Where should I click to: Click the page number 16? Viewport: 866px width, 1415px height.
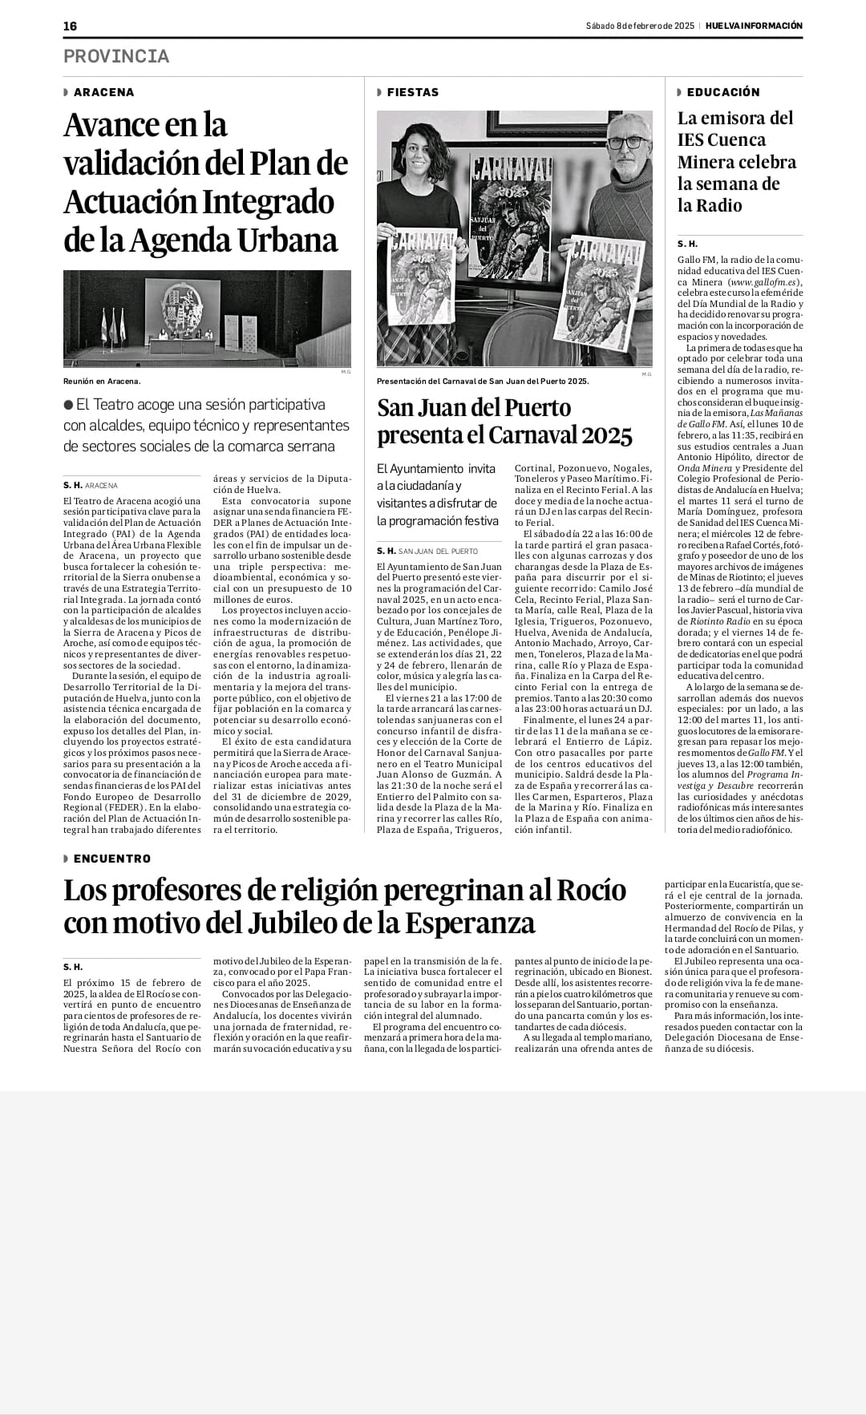pos(71,26)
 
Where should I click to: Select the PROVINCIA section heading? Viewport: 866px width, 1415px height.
pos(116,56)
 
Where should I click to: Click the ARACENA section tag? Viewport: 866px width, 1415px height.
pos(103,92)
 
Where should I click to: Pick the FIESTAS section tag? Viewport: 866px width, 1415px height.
pos(412,92)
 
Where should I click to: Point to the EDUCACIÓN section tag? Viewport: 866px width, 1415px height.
pos(722,92)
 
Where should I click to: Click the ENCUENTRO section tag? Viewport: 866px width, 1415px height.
pos(111,859)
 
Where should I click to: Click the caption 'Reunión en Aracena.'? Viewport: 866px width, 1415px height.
pos(101,382)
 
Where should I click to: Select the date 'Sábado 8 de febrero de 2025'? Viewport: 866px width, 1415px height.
pos(639,26)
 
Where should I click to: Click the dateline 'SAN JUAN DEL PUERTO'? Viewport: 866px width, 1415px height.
pos(438,551)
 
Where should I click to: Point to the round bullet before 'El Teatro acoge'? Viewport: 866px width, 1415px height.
pos(69,405)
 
